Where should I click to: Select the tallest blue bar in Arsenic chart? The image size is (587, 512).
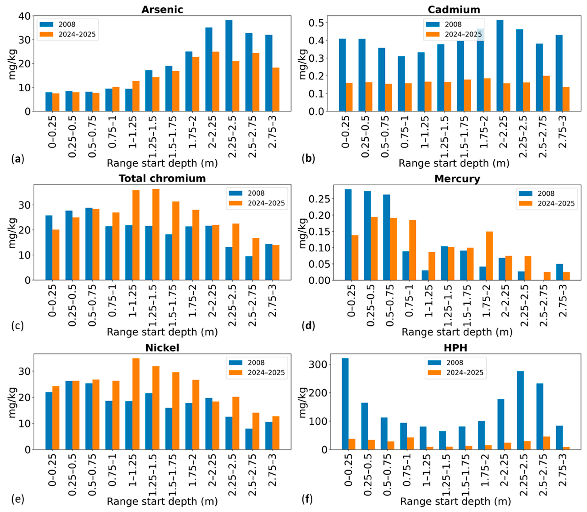(x=229, y=65)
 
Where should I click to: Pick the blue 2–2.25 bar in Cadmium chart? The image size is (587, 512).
(x=500, y=65)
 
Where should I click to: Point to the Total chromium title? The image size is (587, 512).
(x=162, y=178)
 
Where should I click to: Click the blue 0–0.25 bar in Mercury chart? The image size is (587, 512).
(x=348, y=235)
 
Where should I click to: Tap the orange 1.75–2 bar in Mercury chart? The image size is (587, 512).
(x=489, y=256)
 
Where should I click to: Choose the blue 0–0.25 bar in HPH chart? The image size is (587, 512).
(x=345, y=404)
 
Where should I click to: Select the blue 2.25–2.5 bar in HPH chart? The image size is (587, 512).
(x=520, y=410)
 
